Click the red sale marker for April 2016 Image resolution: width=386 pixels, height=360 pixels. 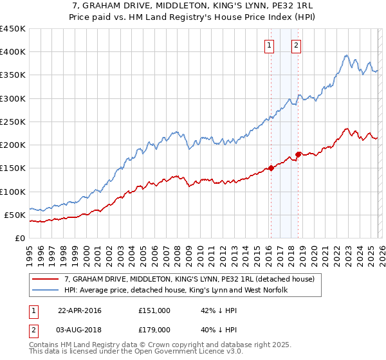pos(271,168)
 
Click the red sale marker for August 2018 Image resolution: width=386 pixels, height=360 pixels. pos(299,154)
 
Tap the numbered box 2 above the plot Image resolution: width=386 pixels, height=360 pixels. pos(296,45)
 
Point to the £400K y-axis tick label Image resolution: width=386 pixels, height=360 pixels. pos(13,52)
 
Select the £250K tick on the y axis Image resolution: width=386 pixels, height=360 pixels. pos(13,122)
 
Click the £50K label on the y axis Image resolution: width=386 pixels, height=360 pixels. pos(15,215)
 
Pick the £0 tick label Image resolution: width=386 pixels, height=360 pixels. pos(20,238)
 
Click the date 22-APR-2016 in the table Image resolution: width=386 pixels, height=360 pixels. pos(79,310)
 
